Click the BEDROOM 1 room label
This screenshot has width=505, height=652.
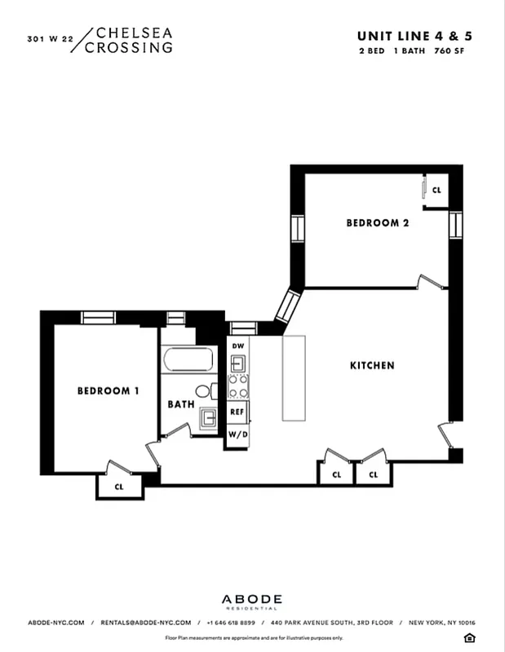coord(108,391)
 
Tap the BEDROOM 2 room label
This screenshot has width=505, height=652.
coord(377,222)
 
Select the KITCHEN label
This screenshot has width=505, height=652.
coord(372,366)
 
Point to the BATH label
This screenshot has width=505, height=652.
coord(180,403)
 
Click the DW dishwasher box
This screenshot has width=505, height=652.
coord(237,346)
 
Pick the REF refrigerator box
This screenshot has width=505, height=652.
coord(237,412)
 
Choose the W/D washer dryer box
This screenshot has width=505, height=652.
coord(237,435)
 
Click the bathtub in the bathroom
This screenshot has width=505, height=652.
coord(188,359)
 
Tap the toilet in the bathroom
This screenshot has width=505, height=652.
coord(204,391)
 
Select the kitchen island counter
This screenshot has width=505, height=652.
coord(294,378)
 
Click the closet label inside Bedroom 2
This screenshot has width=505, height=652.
coord(436,190)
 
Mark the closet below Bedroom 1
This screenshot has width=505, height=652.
coord(119,487)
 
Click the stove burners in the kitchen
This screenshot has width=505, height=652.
coord(237,385)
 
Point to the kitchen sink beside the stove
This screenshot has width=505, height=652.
coord(237,363)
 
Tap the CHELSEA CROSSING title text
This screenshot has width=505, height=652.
coord(134,40)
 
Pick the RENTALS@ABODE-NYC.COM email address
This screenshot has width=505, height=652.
coord(146,623)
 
